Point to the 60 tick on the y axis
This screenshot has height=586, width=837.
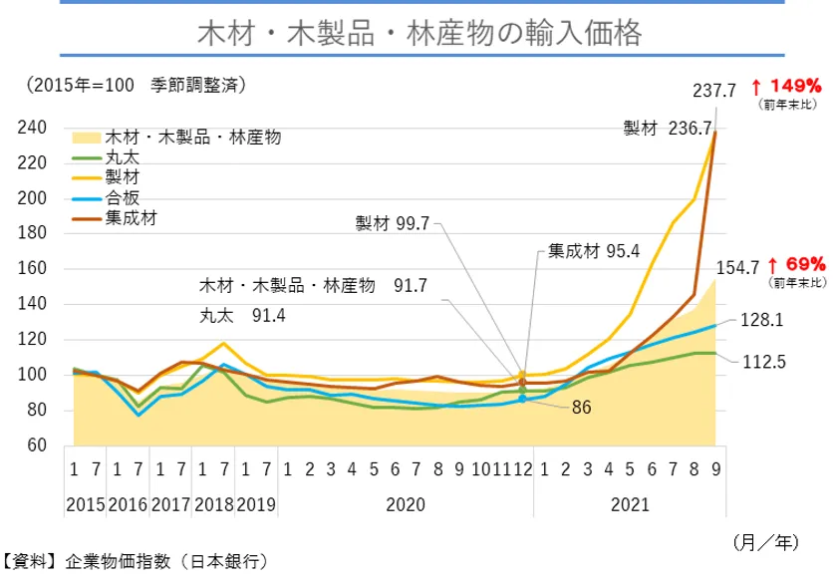tap(39, 445)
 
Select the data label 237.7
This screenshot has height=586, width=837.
tap(714, 91)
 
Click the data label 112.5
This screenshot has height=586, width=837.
tap(765, 362)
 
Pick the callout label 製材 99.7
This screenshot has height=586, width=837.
tap(392, 223)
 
